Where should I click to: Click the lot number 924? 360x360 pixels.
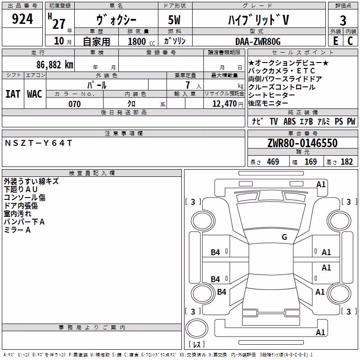[22, 19]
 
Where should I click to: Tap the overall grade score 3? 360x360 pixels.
[343, 20]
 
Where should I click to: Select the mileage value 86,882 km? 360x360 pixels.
[54, 65]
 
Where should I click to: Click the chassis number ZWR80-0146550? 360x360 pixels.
[302, 143]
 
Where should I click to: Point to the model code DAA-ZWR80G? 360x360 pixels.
[258, 41]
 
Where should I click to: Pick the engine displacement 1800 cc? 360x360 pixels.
[141, 41]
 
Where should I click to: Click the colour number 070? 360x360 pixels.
[75, 104]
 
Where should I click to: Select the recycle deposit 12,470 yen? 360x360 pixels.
[228, 104]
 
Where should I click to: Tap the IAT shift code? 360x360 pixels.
[13, 94]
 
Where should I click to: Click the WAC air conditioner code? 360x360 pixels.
[35, 94]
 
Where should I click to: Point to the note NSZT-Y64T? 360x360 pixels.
[38, 143]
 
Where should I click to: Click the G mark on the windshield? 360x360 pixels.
[284, 237]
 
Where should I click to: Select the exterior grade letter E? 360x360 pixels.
[335, 41]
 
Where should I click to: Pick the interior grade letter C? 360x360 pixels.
[350, 41]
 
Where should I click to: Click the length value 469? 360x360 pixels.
[273, 162]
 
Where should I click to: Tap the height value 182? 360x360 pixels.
[346, 162]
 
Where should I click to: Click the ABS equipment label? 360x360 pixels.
[289, 121]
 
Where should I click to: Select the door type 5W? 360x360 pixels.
[174, 20]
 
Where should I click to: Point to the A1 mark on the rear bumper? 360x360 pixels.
[320, 332]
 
